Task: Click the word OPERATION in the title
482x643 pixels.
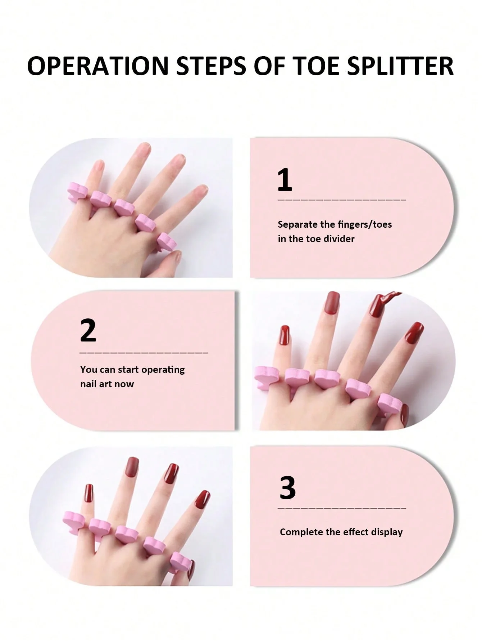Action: (98, 66)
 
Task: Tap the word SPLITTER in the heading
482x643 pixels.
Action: (400, 66)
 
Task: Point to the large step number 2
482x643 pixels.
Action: (88, 330)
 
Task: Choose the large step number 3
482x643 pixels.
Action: (288, 488)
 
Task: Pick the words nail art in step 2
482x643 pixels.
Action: (96, 384)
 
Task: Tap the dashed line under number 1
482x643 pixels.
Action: (342, 200)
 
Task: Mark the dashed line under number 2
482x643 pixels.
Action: (144, 353)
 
